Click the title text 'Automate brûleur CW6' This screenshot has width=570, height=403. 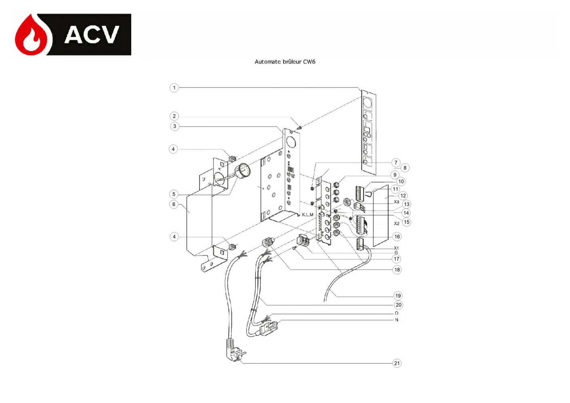pyautogui.click(x=285, y=62)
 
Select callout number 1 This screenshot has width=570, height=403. pyautogui.click(x=174, y=88)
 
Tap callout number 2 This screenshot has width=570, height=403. pyautogui.click(x=174, y=116)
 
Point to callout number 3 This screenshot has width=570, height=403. pyautogui.click(x=175, y=126)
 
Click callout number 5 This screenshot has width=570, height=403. pyautogui.click(x=174, y=194)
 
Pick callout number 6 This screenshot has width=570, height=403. pyautogui.click(x=174, y=204)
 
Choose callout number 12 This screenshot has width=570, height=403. pyautogui.click(x=403, y=196)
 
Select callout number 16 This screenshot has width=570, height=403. pyautogui.click(x=397, y=237)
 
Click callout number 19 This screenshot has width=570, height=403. pyautogui.click(x=398, y=296)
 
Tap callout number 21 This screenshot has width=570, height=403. pyautogui.click(x=397, y=363)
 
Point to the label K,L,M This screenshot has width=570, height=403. pyautogui.click(x=307, y=215)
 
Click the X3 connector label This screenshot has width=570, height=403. pyautogui.click(x=397, y=202)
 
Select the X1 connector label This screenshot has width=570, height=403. pyautogui.click(x=396, y=248)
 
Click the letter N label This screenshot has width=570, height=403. pyautogui.click(x=397, y=320)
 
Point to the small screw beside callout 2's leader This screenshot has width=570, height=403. pyautogui.click(x=300, y=127)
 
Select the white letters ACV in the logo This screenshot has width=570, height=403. pyautogui.click(x=92, y=35)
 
